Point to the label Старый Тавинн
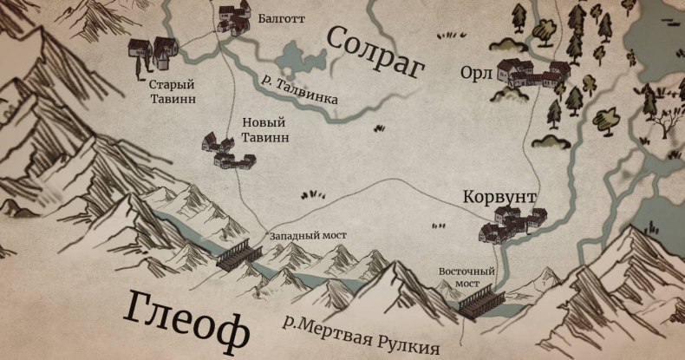(x=172, y=92)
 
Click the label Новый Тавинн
(x=265, y=130)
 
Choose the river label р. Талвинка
(x=299, y=88)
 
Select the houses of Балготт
(x=233, y=19)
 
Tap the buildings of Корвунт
(x=512, y=224)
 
